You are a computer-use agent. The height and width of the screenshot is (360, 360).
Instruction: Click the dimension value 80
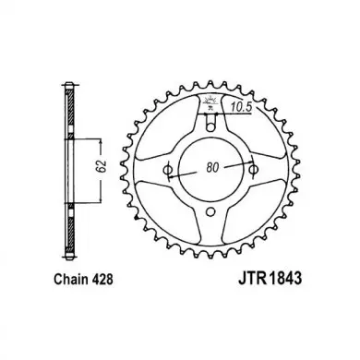[212, 168]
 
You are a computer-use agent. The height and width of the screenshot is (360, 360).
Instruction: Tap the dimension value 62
[103, 166]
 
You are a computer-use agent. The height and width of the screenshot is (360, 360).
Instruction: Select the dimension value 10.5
[242, 107]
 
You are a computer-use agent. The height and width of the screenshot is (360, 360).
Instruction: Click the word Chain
[72, 279]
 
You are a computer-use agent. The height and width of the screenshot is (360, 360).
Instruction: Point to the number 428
[102, 279]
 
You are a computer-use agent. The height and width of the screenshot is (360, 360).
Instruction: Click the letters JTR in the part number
[253, 279]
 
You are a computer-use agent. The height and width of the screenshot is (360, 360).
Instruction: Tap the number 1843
[286, 279]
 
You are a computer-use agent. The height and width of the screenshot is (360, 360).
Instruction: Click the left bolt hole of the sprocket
[168, 170]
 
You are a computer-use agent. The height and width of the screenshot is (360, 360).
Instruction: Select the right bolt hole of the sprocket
[253, 169]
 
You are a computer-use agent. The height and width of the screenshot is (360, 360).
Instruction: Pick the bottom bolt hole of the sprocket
[210, 211]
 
